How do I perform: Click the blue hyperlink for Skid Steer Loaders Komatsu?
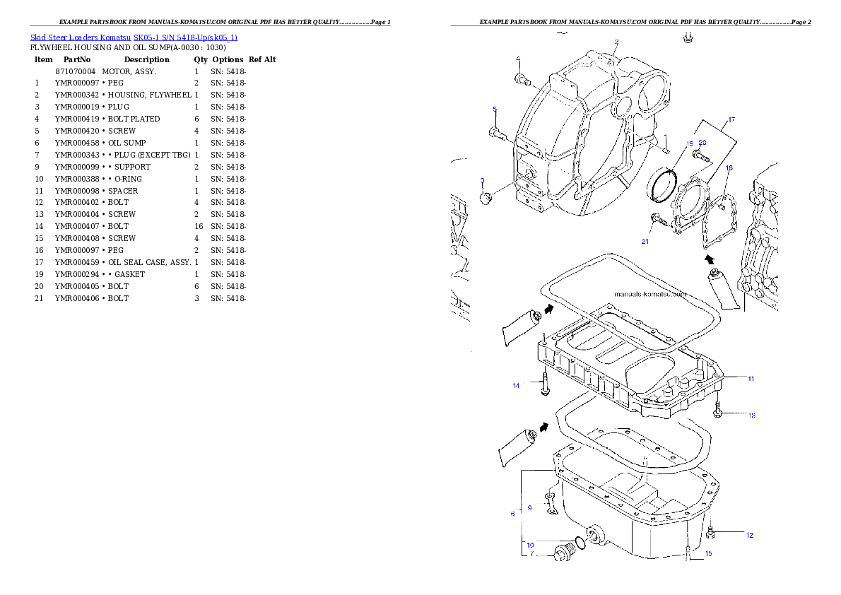tap(134, 37)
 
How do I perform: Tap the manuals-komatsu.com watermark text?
tap(649, 295)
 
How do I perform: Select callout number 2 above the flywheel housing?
tap(616, 42)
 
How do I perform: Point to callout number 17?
tap(731, 119)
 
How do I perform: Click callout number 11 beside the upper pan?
tap(751, 379)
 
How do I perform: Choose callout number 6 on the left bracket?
tap(513, 514)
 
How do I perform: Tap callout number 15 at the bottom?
tap(708, 553)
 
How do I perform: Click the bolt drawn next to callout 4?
tap(523, 79)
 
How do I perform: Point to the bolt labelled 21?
tap(659, 220)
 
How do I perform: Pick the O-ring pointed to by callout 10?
tap(579, 543)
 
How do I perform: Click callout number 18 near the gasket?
tap(729, 168)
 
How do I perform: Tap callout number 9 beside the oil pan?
tap(529, 508)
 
